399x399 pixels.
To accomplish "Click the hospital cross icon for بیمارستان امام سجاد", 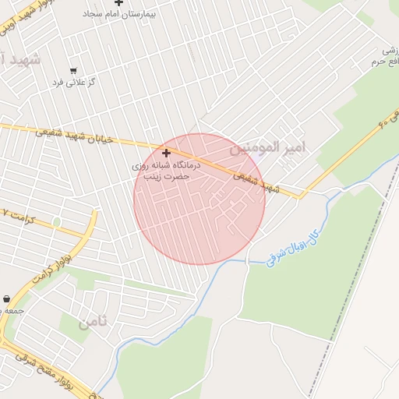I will tap(118, 4).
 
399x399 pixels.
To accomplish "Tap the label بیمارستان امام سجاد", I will tap(118, 15).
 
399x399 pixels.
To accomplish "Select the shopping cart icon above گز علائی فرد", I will tap(73, 71).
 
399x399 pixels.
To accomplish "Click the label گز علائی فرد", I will tap(73, 82).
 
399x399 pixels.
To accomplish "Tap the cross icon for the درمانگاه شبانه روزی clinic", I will tap(165, 153).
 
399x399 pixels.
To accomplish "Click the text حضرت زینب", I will tap(165, 176).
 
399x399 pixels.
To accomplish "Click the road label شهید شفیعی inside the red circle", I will tap(257, 183).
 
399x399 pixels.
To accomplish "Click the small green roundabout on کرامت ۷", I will tap(56, 222).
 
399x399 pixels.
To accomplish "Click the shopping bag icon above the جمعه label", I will tap(7, 298).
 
